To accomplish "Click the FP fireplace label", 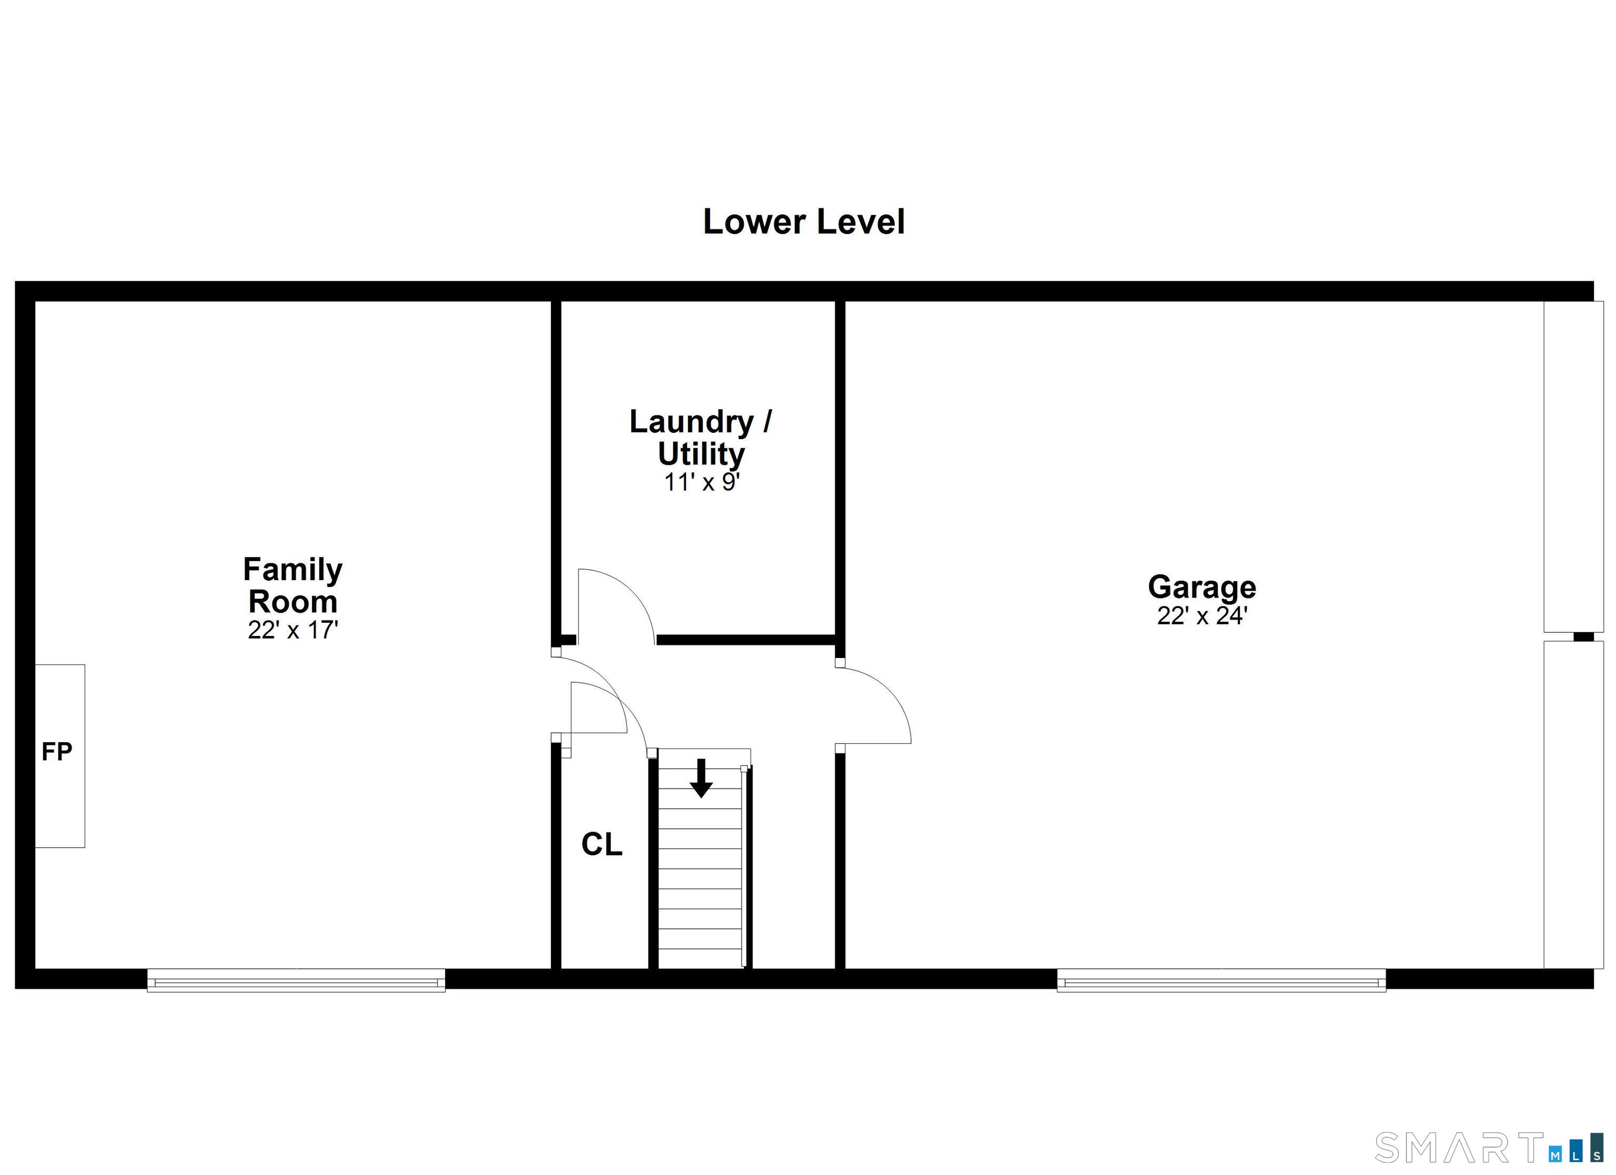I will [x=57, y=752].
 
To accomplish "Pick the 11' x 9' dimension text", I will [x=702, y=482].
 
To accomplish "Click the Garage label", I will [x=1201, y=587].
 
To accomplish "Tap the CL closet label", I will [x=601, y=844].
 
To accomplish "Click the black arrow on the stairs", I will [x=701, y=778].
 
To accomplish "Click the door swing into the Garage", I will [x=875, y=705].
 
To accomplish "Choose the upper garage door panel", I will [x=1573, y=467].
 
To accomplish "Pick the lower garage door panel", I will [x=1573, y=805].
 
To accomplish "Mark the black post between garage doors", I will [x=1583, y=636].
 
